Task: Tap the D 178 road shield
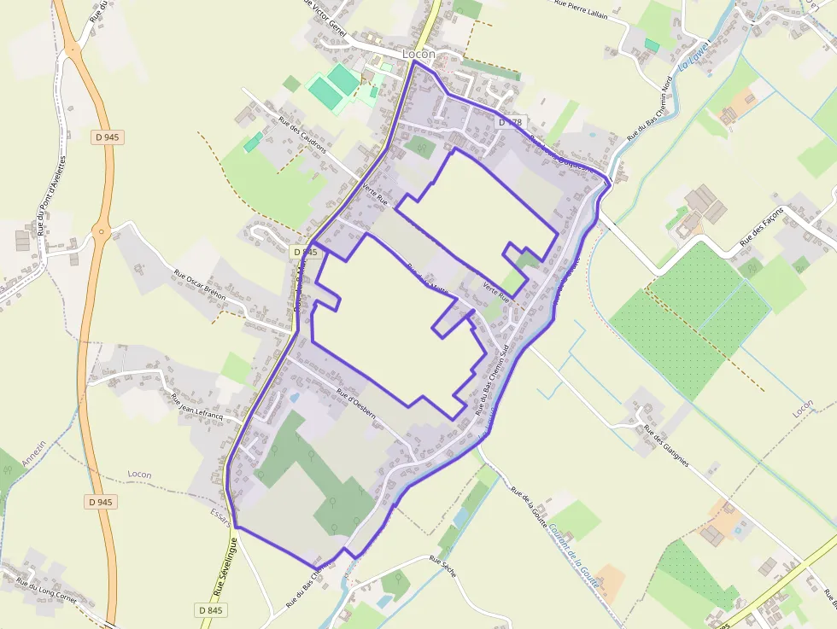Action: (509, 122)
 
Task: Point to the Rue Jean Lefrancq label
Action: (196, 407)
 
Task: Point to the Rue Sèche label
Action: (443, 568)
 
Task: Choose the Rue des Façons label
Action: (763, 230)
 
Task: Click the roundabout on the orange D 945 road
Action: (102, 230)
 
